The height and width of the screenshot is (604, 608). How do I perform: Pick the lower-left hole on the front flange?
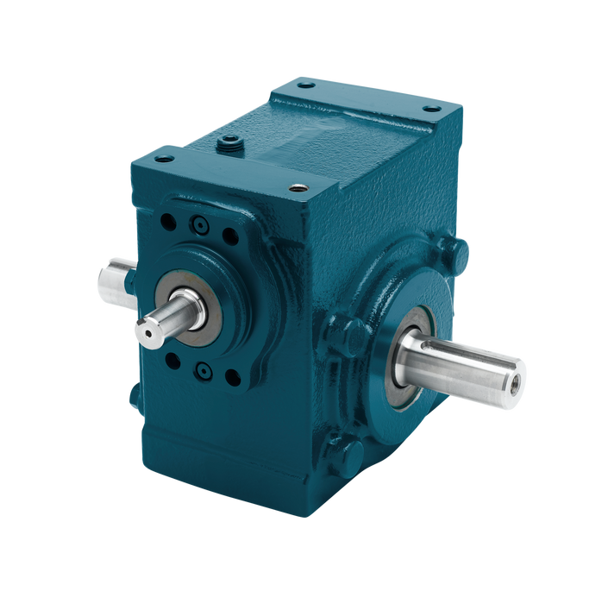[172, 362]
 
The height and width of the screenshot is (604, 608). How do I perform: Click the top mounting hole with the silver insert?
[299, 187]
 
